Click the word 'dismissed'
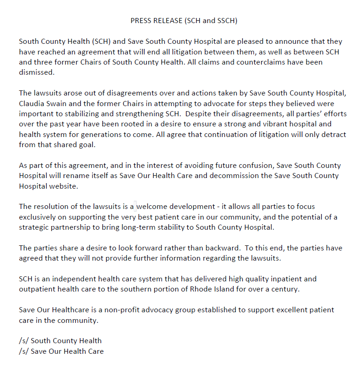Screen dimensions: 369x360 tap(36, 72)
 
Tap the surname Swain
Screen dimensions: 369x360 tap(61, 104)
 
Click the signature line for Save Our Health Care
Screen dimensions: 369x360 tap(61, 351)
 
